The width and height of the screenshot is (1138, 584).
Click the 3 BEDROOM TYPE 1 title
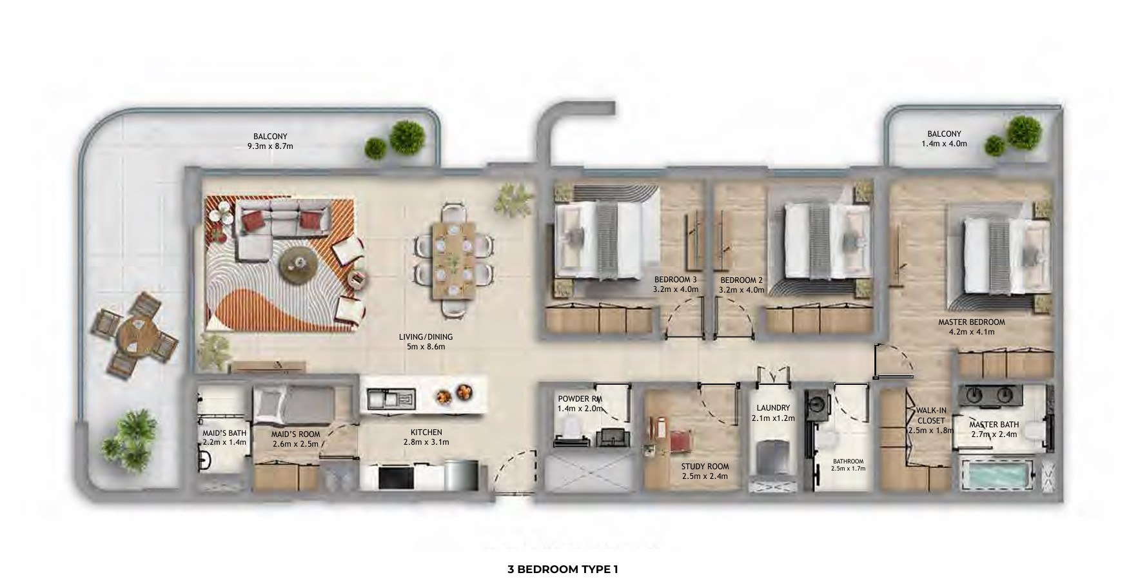pos(563,569)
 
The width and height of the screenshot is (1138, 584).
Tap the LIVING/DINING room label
pos(426,337)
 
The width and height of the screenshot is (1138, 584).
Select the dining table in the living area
pos(455,260)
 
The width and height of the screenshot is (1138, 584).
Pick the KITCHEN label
pos(426,433)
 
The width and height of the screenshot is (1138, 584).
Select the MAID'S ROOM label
pos(295,434)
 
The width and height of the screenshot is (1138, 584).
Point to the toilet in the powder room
pos(571,427)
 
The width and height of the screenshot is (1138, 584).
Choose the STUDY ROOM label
pos(705,467)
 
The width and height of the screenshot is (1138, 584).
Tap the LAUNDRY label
pos(773,408)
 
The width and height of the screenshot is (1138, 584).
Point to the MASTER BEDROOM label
pos(972,322)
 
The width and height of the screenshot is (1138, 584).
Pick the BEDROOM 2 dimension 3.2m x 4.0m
pos(742,290)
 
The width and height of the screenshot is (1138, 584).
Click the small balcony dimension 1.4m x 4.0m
pos(945,144)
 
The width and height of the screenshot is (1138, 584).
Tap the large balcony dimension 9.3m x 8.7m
pos(270,146)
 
